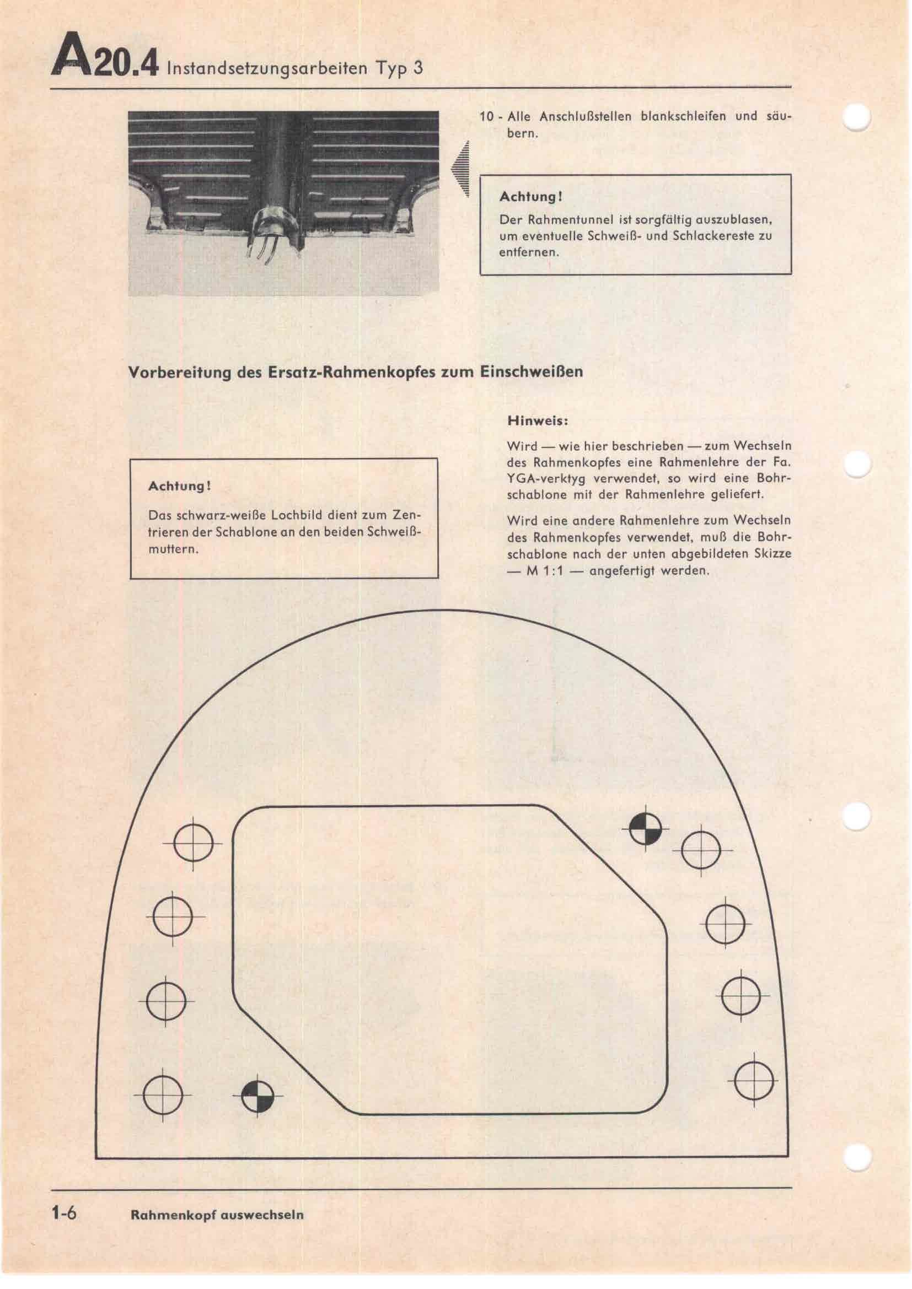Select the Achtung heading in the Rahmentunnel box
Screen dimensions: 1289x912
click(x=530, y=197)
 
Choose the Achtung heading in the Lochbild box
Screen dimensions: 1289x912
click(x=179, y=486)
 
